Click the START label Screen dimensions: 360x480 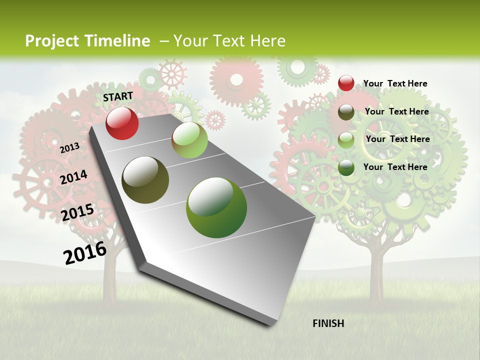118,96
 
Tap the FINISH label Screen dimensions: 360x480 328,323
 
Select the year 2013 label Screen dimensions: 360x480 69,147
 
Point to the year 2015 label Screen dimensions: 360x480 77,212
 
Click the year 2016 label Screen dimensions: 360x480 85,252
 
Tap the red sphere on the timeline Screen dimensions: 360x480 122,123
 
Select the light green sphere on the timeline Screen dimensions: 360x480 189,140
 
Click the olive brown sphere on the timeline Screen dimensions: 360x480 145,180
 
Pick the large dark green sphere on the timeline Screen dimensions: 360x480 216,207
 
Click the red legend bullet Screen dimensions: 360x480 346,83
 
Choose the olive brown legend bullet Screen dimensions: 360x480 346,112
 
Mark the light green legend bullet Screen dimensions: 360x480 346,140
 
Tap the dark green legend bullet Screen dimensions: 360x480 346,167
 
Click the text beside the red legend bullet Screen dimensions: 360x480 395,83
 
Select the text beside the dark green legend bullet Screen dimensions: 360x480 395,167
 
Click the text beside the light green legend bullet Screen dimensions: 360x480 397,139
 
